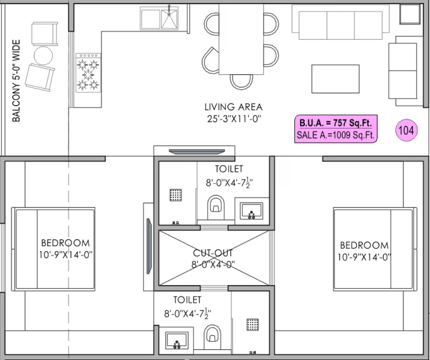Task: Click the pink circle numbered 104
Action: click(406, 130)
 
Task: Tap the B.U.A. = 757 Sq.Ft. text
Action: click(336, 123)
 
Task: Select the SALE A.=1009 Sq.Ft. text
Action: click(336, 135)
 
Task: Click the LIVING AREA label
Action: click(233, 107)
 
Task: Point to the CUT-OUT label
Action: click(212, 253)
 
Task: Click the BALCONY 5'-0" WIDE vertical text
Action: click(17, 81)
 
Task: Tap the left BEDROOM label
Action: click(65, 243)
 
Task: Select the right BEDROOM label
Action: click(364, 245)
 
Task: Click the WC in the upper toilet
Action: click(216, 205)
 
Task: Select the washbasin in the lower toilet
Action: click(177, 342)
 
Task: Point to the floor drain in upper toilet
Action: click(176, 194)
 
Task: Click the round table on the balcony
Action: click(43, 55)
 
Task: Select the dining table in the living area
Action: click(240, 38)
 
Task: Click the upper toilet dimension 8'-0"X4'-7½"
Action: click(233, 184)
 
